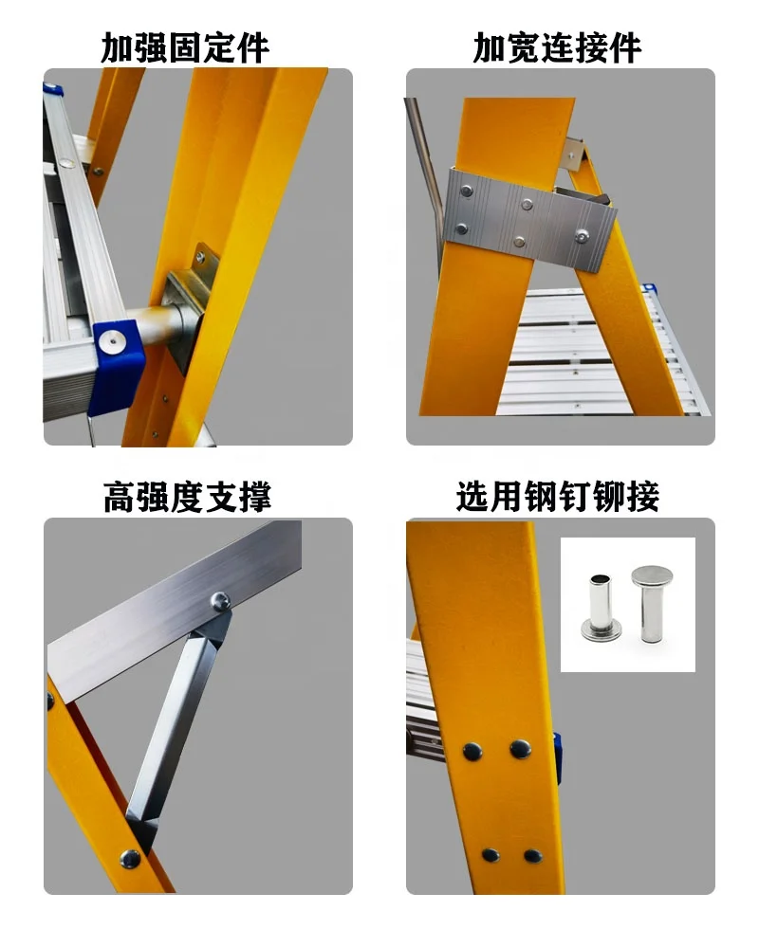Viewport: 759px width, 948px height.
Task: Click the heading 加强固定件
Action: click(185, 47)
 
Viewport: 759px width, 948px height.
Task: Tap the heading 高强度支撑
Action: click(186, 496)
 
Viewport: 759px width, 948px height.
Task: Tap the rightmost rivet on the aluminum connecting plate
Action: click(582, 232)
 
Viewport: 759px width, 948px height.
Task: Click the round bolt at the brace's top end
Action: click(218, 599)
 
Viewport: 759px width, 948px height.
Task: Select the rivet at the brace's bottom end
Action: click(130, 859)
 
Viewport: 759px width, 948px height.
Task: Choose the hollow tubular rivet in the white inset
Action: click(597, 606)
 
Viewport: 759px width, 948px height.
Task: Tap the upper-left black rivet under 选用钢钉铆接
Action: click(472, 752)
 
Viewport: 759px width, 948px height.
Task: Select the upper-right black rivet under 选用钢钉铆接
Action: click(520, 749)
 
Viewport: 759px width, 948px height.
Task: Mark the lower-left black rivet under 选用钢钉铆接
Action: click(490, 854)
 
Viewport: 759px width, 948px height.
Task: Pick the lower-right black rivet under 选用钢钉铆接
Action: click(533, 855)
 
